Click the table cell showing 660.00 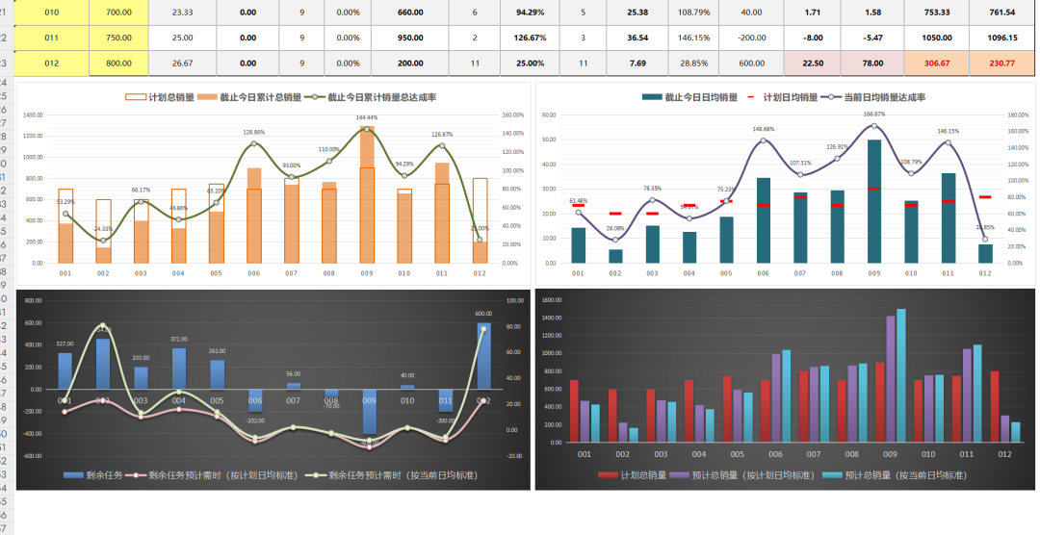(x=410, y=13)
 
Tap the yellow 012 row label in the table (x=51, y=63)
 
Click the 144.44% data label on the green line (x=367, y=117)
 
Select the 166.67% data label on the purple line (x=874, y=114)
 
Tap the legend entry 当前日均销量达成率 (x=884, y=97)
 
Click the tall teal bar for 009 (x=874, y=201)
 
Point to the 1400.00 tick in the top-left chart (x=33, y=115)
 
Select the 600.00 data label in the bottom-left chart (x=483, y=314)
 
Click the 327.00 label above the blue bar (x=65, y=344)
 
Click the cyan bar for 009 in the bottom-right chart (x=901, y=375)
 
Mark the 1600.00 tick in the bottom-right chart (x=552, y=300)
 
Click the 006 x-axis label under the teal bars (x=763, y=273)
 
